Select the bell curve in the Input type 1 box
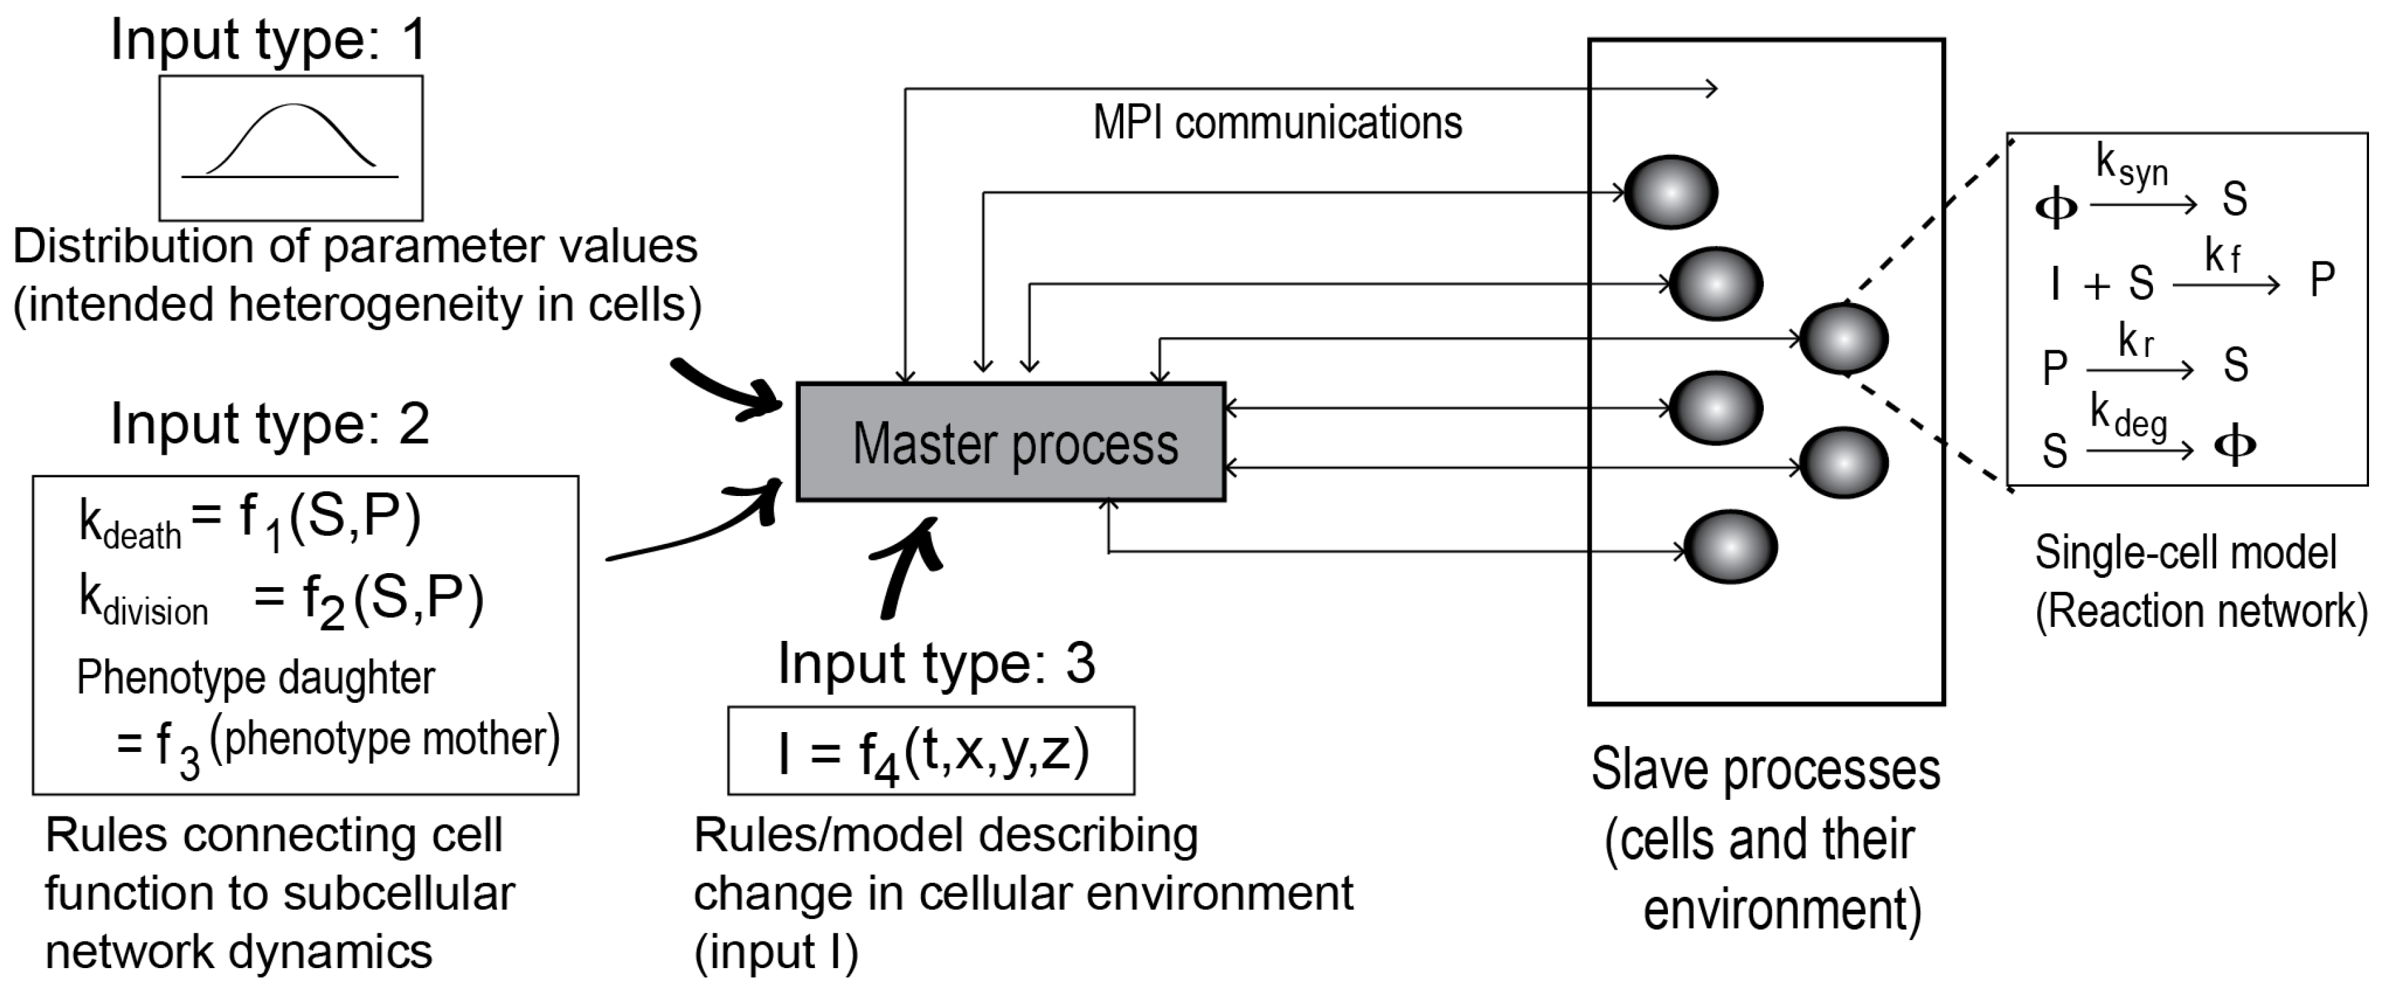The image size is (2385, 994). tap(291, 139)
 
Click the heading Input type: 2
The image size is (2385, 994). tap(269, 425)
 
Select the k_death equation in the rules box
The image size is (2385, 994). tap(250, 520)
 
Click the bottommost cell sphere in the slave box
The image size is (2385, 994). tap(1729, 547)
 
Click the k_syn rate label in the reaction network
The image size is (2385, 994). tap(2132, 167)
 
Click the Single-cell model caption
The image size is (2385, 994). tap(2185, 553)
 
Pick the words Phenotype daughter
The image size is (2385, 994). tap(255, 678)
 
